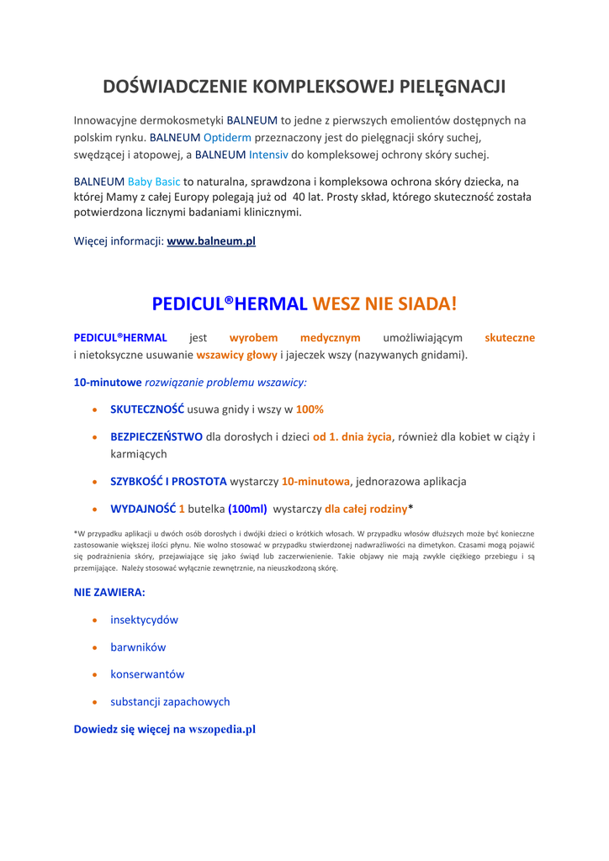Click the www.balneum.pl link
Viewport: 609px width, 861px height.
pyautogui.click(x=211, y=241)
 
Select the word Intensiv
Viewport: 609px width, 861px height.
pyautogui.click(x=268, y=155)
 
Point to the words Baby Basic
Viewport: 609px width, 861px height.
pyautogui.click(x=154, y=181)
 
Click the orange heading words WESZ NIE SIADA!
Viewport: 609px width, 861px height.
pyautogui.click(x=384, y=304)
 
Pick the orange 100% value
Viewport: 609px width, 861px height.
pyautogui.click(x=310, y=409)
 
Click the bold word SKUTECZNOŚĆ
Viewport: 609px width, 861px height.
pyautogui.click(x=147, y=409)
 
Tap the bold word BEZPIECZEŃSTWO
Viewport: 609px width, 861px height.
pyautogui.click(x=156, y=436)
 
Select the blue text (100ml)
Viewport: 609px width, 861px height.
pyautogui.click(x=247, y=509)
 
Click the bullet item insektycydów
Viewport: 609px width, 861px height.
pyautogui.click(x=144, y=620)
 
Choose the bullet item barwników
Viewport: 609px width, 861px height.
pyautogui.click(x=138, y=647)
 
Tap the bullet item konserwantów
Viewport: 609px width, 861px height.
pyautogui.click(x=147, y=674)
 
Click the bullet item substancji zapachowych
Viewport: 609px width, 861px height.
pyautogui.click(x=170, y=701)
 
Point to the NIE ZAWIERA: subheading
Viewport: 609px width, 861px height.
pyautogui.click(x=109, y=592)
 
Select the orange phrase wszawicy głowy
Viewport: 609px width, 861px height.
pyautogui.click(x=236, y=355)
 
